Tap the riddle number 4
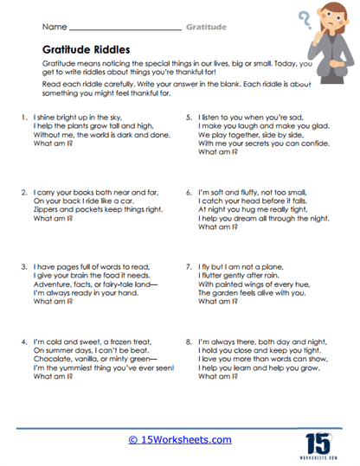pyautogui.click(x=20, y=343)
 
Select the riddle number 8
pyautogui.click(x=189, y=343)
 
